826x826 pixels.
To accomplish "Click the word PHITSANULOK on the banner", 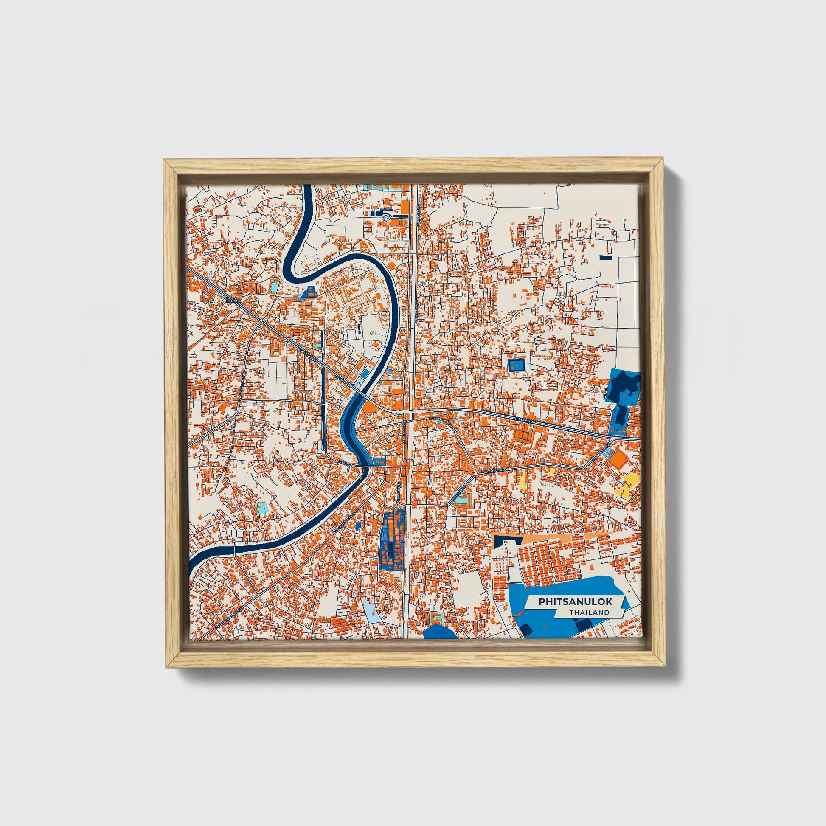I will pos(575,601).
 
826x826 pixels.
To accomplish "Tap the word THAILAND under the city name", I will pos(589,612).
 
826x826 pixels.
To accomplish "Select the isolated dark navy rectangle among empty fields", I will pos(606,257).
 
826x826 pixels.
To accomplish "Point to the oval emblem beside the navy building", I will pos(386,217).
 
